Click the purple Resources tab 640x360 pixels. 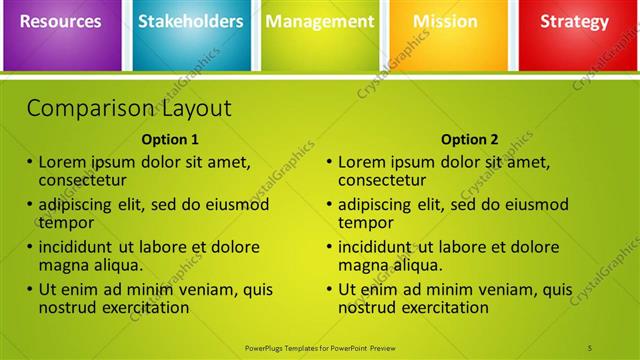61,22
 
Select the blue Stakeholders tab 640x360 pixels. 190,22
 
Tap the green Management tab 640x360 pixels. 320,22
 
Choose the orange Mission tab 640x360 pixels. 445,22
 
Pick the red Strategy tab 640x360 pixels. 574,22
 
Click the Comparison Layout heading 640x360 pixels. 129,108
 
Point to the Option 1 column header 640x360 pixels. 170,140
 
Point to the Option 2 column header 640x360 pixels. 469,140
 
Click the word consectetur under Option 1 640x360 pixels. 82,180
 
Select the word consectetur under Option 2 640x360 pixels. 382,180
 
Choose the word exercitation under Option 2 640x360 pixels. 444,308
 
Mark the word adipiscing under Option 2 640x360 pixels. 373,205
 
